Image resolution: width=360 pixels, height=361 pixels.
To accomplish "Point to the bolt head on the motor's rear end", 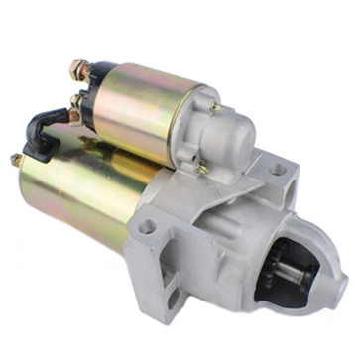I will pos(16,159).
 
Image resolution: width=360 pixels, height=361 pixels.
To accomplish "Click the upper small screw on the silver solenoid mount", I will pos(215,106).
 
